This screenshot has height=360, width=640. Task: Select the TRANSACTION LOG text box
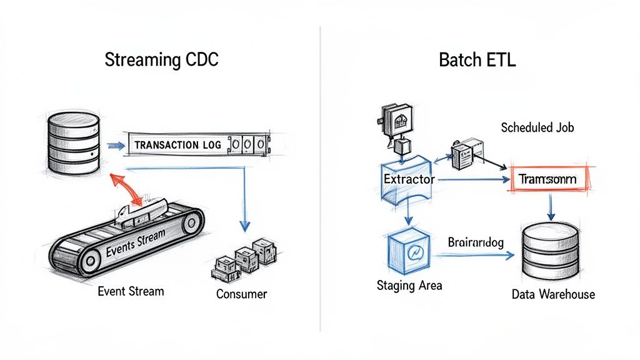(x=177, y=144)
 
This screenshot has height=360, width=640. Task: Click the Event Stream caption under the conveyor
(x=131, y=291)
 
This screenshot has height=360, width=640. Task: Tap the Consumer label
(x=241, y=294)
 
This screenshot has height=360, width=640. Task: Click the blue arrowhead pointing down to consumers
(x=245, y=224)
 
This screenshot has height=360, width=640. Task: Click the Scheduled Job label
(x=537, y=128)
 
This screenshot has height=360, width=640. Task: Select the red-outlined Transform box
(x=547, y=179)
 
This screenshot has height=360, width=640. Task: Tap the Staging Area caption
(x=409, y=286)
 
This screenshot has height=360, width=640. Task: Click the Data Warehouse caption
(x=553, y=294)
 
